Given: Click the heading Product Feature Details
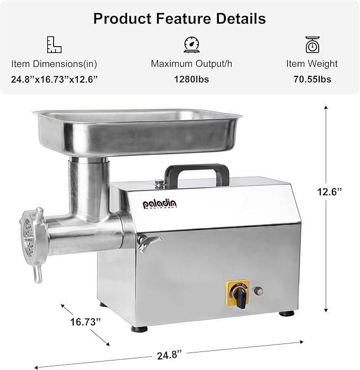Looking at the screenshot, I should [x=180, y=19].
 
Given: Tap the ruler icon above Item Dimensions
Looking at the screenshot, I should [x=54, y=45].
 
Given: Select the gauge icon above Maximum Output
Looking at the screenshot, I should [x=191, y=45].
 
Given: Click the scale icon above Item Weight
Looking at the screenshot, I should [x=312, y=45].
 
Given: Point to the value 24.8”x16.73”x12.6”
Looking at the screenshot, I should [x=55, y=80].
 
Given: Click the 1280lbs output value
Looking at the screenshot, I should [x=191, y=80].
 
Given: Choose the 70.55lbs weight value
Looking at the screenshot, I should [x=312, y=80].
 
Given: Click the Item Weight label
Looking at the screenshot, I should [x=312, y=64].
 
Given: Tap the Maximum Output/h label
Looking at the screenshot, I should [x=191, y=64].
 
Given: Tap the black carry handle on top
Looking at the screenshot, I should [x=197, y=172].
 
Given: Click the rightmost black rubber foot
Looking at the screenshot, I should [x=288, y=313].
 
